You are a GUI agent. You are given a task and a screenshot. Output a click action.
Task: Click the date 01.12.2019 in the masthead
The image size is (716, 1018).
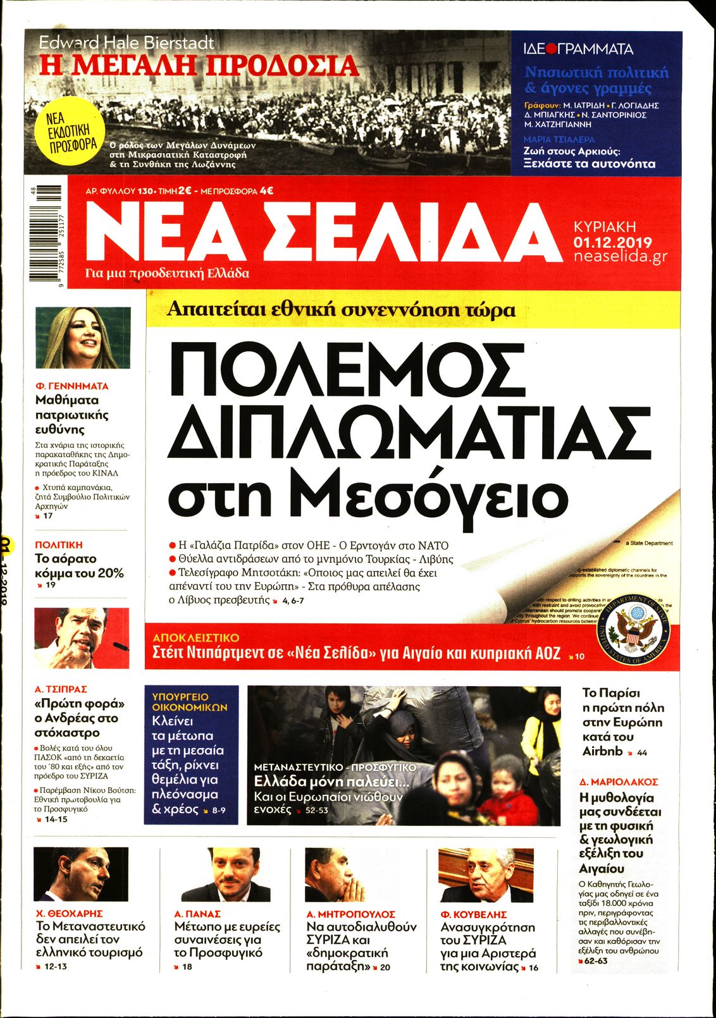(612, 242)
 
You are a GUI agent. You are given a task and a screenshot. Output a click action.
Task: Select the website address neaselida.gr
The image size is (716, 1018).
(620, 257)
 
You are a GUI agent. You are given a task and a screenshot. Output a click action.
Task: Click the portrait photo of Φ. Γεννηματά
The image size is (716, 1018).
(83, 338)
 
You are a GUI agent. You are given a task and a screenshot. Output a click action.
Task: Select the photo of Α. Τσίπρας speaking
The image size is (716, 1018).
(82, 638)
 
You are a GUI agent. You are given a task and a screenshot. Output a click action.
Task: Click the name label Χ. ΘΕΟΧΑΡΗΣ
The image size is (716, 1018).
(70, 914)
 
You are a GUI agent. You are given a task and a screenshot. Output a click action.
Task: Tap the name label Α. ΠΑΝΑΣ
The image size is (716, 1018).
(197, 914)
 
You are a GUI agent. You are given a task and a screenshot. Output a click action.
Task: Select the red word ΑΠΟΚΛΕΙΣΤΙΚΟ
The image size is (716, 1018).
(196, 638)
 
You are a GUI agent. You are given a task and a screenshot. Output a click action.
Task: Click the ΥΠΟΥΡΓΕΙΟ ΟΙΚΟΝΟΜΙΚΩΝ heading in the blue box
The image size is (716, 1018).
(190, 702)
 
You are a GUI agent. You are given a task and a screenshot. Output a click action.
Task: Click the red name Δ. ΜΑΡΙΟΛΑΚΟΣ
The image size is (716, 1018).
(619, 782)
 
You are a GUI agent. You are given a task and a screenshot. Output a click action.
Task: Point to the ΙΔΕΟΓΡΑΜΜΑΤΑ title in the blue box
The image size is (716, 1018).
(578, 49)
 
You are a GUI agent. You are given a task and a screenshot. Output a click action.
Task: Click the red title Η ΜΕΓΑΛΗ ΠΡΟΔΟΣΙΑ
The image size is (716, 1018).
(199, 66)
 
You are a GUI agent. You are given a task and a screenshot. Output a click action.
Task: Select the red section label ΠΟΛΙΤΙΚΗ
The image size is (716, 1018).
(59, 544)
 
